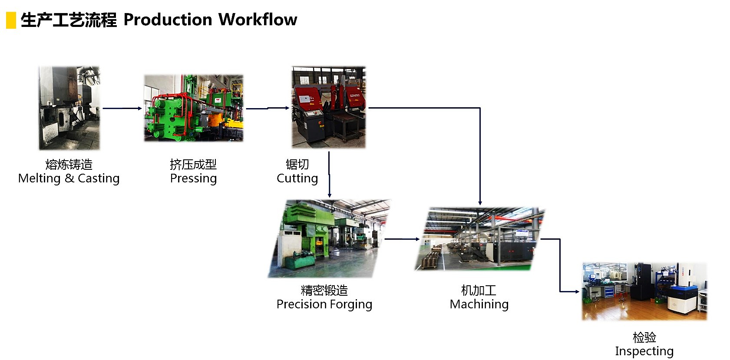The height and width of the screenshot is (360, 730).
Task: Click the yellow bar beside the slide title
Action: [x=11, y=20]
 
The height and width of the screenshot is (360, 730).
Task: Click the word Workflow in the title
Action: [x=258, y=20]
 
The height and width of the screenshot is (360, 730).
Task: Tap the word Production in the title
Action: [x=168, y=20]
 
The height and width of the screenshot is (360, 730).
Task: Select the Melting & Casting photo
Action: [x=69, y=108]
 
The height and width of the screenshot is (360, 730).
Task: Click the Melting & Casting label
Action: [x=69, y=178]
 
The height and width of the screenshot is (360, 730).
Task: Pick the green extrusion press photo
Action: [x=194, y=108]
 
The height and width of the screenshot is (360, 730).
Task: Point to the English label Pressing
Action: [x=193, y=178]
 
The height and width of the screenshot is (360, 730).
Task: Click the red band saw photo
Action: [x=329, y=107]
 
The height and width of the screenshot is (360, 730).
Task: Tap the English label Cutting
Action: [x=297, y=178]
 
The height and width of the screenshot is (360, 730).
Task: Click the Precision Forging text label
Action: [x=324, y=304]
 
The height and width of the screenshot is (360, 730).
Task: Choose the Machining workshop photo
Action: [x=479, y=239]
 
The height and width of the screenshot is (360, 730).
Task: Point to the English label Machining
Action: [x=479, y=304]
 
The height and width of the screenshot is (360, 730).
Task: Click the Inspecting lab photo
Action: [x=644, y=291]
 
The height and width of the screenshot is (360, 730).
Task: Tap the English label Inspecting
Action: [x=644, y=351]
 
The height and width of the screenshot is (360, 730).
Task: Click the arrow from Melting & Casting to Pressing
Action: [x=122, y=108]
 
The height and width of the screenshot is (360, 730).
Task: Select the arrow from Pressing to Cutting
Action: [x=267, y=108]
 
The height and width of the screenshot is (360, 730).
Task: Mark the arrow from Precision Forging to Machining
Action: [x=402, y=239]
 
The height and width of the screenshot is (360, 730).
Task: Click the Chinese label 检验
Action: [x=644, y=337]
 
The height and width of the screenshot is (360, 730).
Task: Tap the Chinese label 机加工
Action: [x=479, y=290]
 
